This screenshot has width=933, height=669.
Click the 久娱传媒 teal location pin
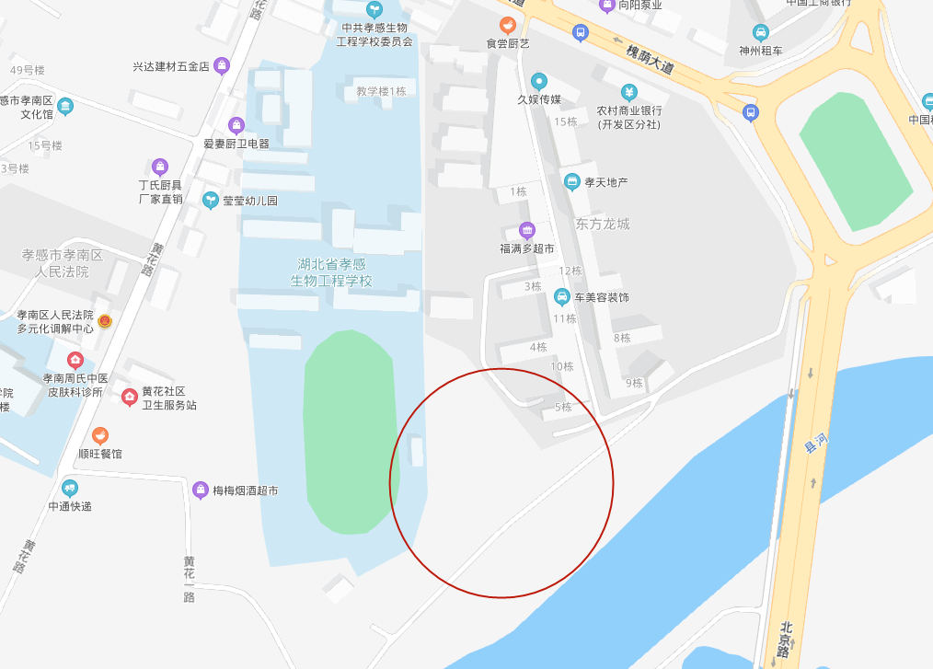click(x=539, y=81)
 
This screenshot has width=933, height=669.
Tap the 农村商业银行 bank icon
click(x=628, y=92)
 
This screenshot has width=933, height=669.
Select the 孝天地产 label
click(x=605, y=182)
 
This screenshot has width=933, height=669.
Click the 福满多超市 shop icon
click(x=526, y=230)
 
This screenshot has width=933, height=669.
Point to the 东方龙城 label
click(x=603, y=224)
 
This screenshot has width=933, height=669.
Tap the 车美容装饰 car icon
click(x=561, y=297)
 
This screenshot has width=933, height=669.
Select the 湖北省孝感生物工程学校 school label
click(x=331, y=272)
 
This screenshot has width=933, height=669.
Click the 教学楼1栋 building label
click(x=381, y=91)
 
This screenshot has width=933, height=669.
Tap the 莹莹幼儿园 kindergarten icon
click(x=211, y=200)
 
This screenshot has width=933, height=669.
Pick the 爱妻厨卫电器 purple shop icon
click(x=236, y=125)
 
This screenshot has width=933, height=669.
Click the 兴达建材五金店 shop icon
click(x=222, y=65)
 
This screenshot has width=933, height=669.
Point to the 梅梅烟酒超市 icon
click(x=201, y=490)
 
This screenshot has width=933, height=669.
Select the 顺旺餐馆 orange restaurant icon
click(x=100, y=434)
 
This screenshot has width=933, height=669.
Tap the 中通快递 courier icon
click(x=70, y=488)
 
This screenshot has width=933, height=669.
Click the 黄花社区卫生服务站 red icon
click(x=130, y=397)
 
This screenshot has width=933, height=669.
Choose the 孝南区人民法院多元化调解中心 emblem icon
click(x=105, y=320)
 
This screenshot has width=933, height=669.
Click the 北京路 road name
click(x=782, y=637)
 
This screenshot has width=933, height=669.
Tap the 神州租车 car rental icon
click(x=760, y=32)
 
